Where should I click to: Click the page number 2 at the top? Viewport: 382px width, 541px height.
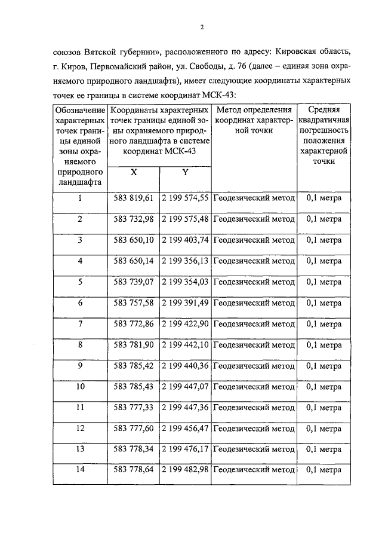click(x=202, y=27)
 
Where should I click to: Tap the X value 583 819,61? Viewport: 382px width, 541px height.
click(x=134, y=198)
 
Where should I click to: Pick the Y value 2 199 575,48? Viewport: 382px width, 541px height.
click(x=184, y=219)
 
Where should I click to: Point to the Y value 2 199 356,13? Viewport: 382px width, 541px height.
click(x=184, y=261)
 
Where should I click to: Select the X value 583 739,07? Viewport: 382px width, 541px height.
click(x=134, y=282)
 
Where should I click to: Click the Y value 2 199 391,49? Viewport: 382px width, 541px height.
click(x=184, y=302)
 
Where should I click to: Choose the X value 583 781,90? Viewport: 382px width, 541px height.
click(x=134, y=345)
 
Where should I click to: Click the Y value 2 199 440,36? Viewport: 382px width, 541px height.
click(x=184, y=366)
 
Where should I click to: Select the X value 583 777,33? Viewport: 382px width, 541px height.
click(x=134, y=408)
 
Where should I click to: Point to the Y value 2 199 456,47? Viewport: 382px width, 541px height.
click(x=184, y=429)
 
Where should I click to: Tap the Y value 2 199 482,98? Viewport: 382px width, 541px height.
click(x=184, y=470)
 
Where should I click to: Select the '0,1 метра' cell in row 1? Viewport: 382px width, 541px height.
click(x=324, y=198)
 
